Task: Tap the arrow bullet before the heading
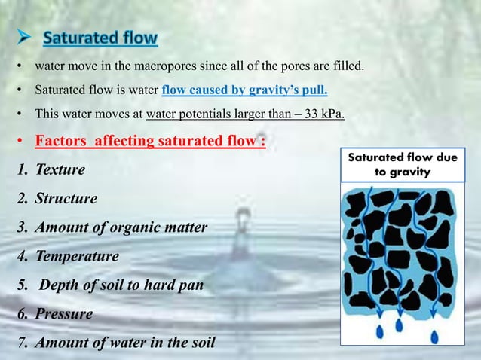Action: (28, 38)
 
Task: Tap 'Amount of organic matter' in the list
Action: (121, 227)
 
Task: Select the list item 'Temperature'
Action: (76, 256)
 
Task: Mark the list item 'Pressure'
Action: (63, 313)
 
